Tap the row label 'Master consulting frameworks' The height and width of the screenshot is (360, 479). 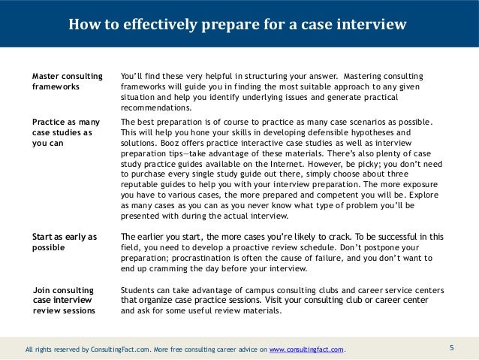[63, 82]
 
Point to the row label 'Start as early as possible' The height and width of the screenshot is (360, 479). [65, 242]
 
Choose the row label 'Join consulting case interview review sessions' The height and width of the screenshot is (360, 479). [63, 300]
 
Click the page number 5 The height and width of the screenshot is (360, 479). [452, 348]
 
